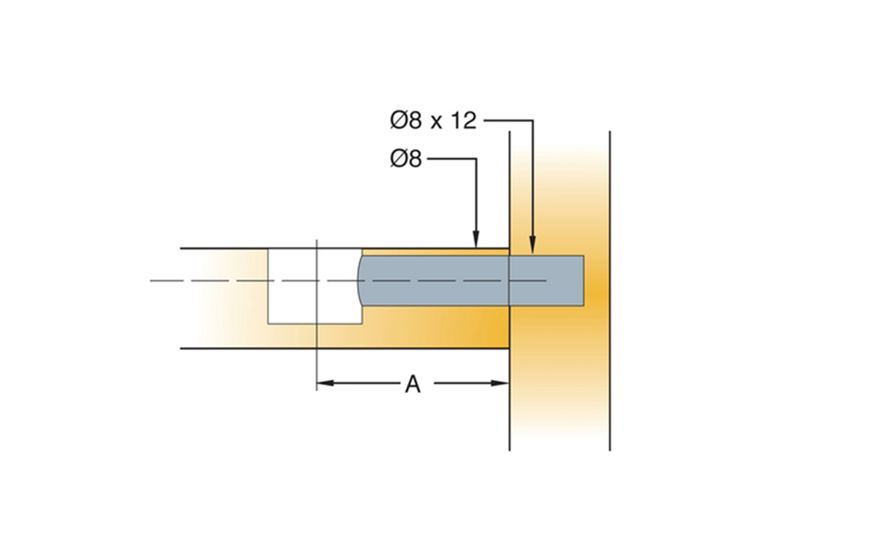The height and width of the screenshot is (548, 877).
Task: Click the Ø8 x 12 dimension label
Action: pyautogui.click(x=433, y=121)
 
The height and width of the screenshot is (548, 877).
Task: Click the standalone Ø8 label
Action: pyautogui.click(x=406, y=159)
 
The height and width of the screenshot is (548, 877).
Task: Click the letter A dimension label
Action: pyautogui.click(x=413, y=385)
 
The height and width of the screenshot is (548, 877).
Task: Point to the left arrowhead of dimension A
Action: pyautogui.click(x=325, y=383)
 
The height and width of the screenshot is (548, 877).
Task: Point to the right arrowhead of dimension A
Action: pyautogui.click(x=500, y=383)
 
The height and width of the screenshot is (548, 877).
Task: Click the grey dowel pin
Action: pyautogui.click(x=471, y=280)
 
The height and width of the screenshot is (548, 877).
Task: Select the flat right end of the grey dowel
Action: pyautogui.click(x=584, y=280)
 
